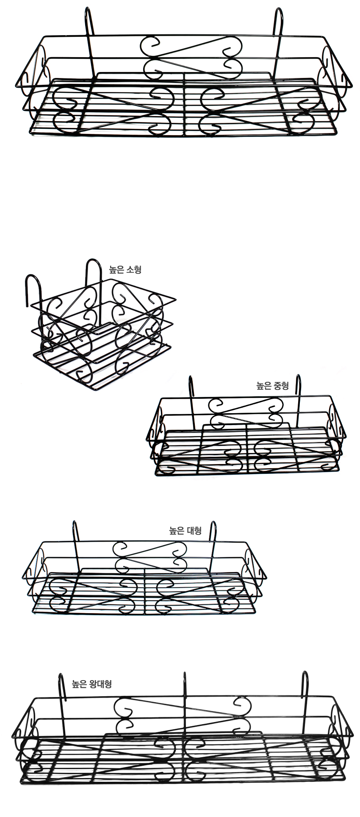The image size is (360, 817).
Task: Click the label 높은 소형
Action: click(125, 270)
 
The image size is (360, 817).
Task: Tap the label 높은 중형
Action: click(272, 386)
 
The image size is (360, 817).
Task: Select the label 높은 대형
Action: click(185, 531)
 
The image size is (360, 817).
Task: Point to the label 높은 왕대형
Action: click(91, 684)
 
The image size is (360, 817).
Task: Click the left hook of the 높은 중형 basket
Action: click(191, 398)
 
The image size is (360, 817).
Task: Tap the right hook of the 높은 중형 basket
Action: click(299, 398)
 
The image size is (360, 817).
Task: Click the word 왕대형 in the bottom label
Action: click(100, 684)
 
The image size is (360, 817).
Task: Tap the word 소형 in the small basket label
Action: click(133, 270)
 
